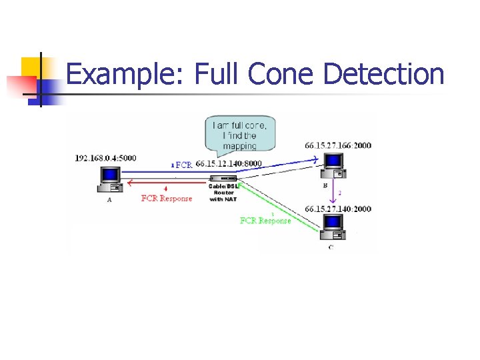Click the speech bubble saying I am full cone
point(239,135)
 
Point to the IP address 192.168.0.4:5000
point(105,158)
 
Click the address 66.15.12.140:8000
point(229,164)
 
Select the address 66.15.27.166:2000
point(338,145)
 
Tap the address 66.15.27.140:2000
point(338,209)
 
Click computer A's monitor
point(109,175)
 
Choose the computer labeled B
point(332,165)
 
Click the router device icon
point(223,178)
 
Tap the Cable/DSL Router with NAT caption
point(223,192)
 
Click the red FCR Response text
point(167,198)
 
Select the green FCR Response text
point(265,221)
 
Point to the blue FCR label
point(183,165)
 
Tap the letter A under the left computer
point(109,199)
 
